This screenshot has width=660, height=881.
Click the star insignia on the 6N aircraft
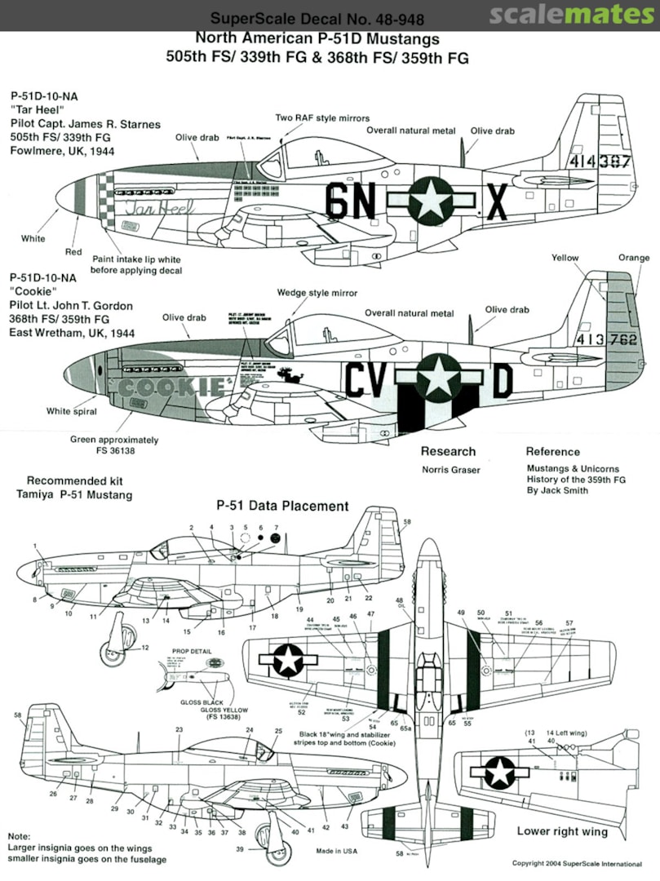click(430, 201)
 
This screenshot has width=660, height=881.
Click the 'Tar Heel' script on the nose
click(159, 207)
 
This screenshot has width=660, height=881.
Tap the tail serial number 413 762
click(605, 341)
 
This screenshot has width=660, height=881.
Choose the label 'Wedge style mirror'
click(317, 293)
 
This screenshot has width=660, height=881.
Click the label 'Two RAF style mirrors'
click(322, 118)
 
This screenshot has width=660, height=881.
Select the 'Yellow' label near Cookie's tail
click(565, 259)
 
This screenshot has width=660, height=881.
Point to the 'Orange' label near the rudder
click(634, 259)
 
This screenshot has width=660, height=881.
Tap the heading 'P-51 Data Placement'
click(282, 507)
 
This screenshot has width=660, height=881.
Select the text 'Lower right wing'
click(562, 832)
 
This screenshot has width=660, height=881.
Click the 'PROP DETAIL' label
click(192, 652)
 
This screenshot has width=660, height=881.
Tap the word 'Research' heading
click(448, 451)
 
